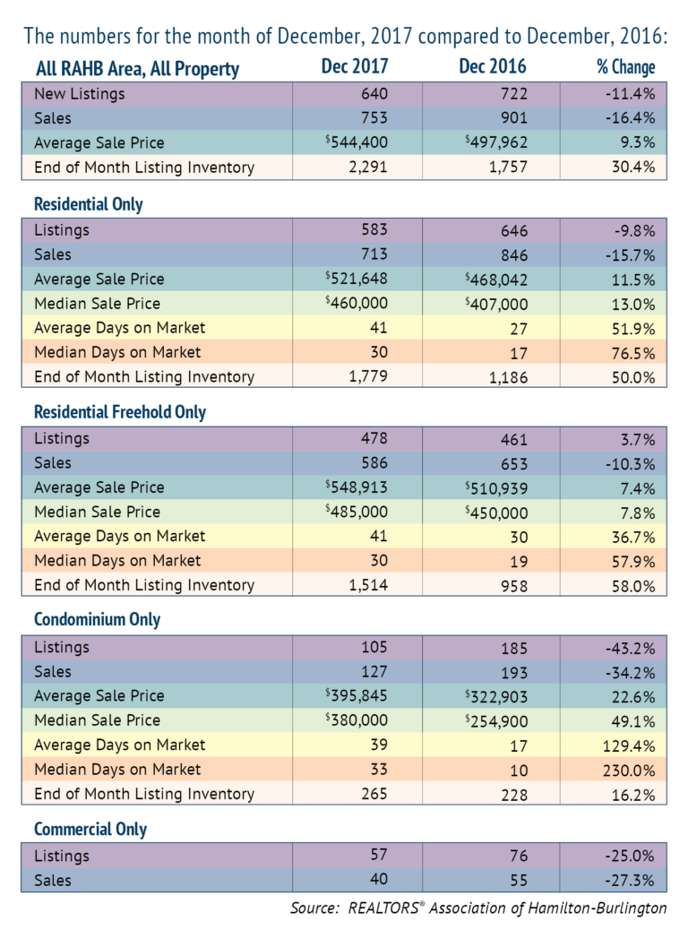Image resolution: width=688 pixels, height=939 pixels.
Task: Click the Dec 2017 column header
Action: coord(355,66)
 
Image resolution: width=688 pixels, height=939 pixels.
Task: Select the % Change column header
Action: coord(625,66)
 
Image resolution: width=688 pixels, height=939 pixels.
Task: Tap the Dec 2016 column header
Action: coord(492,66)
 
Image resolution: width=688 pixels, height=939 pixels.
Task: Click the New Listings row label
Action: coord(80,94)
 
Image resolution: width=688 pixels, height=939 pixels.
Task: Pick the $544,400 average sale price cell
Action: coord(357,142)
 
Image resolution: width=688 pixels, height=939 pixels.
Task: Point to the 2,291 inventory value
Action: coord(368,167)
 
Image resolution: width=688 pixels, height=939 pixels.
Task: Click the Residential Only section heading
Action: coord(88,204)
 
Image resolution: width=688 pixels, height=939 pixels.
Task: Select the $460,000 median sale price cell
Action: coord(357,303)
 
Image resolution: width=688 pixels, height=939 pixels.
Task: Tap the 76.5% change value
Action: coord(633,353)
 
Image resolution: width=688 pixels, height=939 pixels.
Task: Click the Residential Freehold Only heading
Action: coord(120,412)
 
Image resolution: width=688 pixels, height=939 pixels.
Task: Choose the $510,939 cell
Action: coord(496,488)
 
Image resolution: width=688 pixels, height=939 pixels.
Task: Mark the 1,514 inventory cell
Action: coord(368,584)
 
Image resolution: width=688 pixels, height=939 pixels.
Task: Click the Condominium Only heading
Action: coord(97,619)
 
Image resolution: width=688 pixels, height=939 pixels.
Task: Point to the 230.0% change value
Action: coord(629,771)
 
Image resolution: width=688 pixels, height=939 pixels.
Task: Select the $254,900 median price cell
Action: coord(496,721)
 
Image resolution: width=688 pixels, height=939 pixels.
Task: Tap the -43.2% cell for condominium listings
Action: coord(631,648)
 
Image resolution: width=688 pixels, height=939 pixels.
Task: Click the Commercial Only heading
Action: coord(90,829)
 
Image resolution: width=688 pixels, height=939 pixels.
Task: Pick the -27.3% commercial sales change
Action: coord(631,880)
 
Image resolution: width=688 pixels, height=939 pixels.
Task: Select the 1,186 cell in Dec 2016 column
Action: coord(508,378)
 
